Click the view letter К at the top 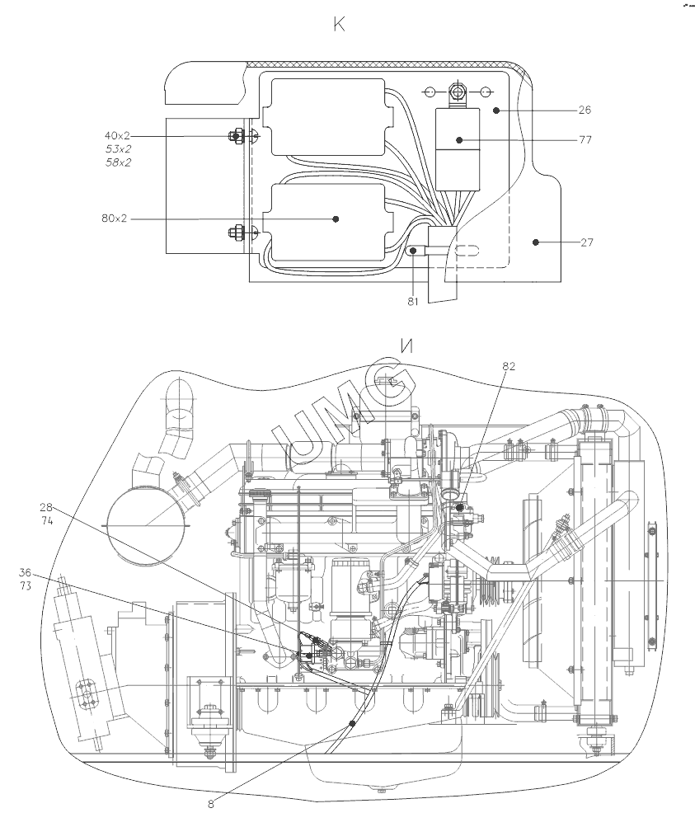(339, 25)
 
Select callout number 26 (585, 110)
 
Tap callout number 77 (585, 140)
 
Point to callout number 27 (585, 242)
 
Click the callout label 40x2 (117, 135)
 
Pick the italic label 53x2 (118, 148)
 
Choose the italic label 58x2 (118, 162)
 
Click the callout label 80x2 (115, 218)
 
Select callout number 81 (413, 302)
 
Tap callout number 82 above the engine (509, 367)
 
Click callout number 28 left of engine (46, 509)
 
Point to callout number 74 (46, 522)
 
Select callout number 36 (26, 571)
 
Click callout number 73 (26, 585)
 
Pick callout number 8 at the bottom (211, 804)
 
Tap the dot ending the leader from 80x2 (336, 218)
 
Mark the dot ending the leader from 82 (460, 507)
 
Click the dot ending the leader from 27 (536, 242)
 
